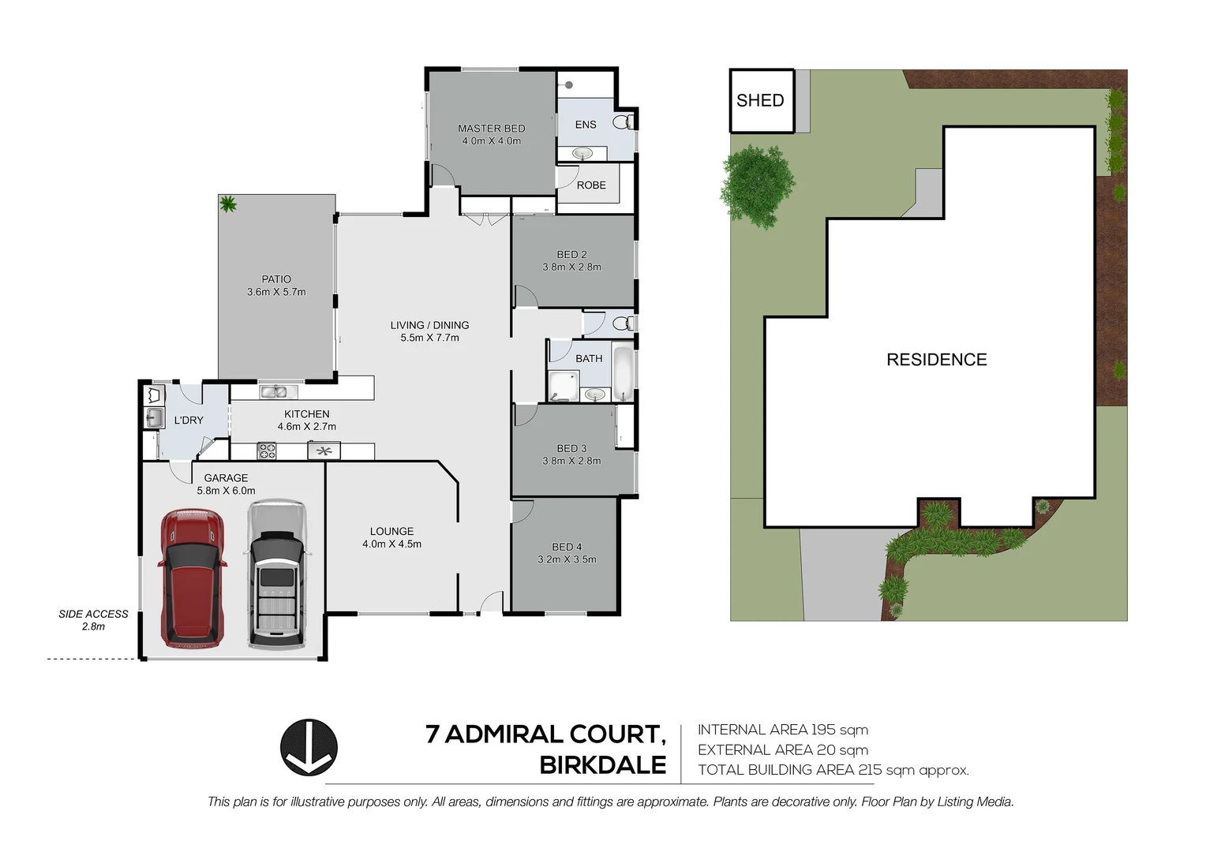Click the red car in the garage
point(192,577)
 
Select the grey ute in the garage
point(275,574)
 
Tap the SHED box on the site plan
point(761,101)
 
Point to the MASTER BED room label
point(491,129)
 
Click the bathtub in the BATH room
point(623,374)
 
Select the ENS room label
point(586,125)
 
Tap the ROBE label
point(591,185)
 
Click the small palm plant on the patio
point(228,204)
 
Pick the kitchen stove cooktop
point(267,451)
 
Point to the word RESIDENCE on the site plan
point(936,360)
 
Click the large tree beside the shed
point(756,187)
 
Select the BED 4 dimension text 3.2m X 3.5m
point(567,559)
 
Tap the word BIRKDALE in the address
point(602,765)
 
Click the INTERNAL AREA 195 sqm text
point(782,730)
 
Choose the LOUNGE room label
point(391,532)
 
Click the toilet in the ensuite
point(624,122)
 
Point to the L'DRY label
point(189,420)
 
